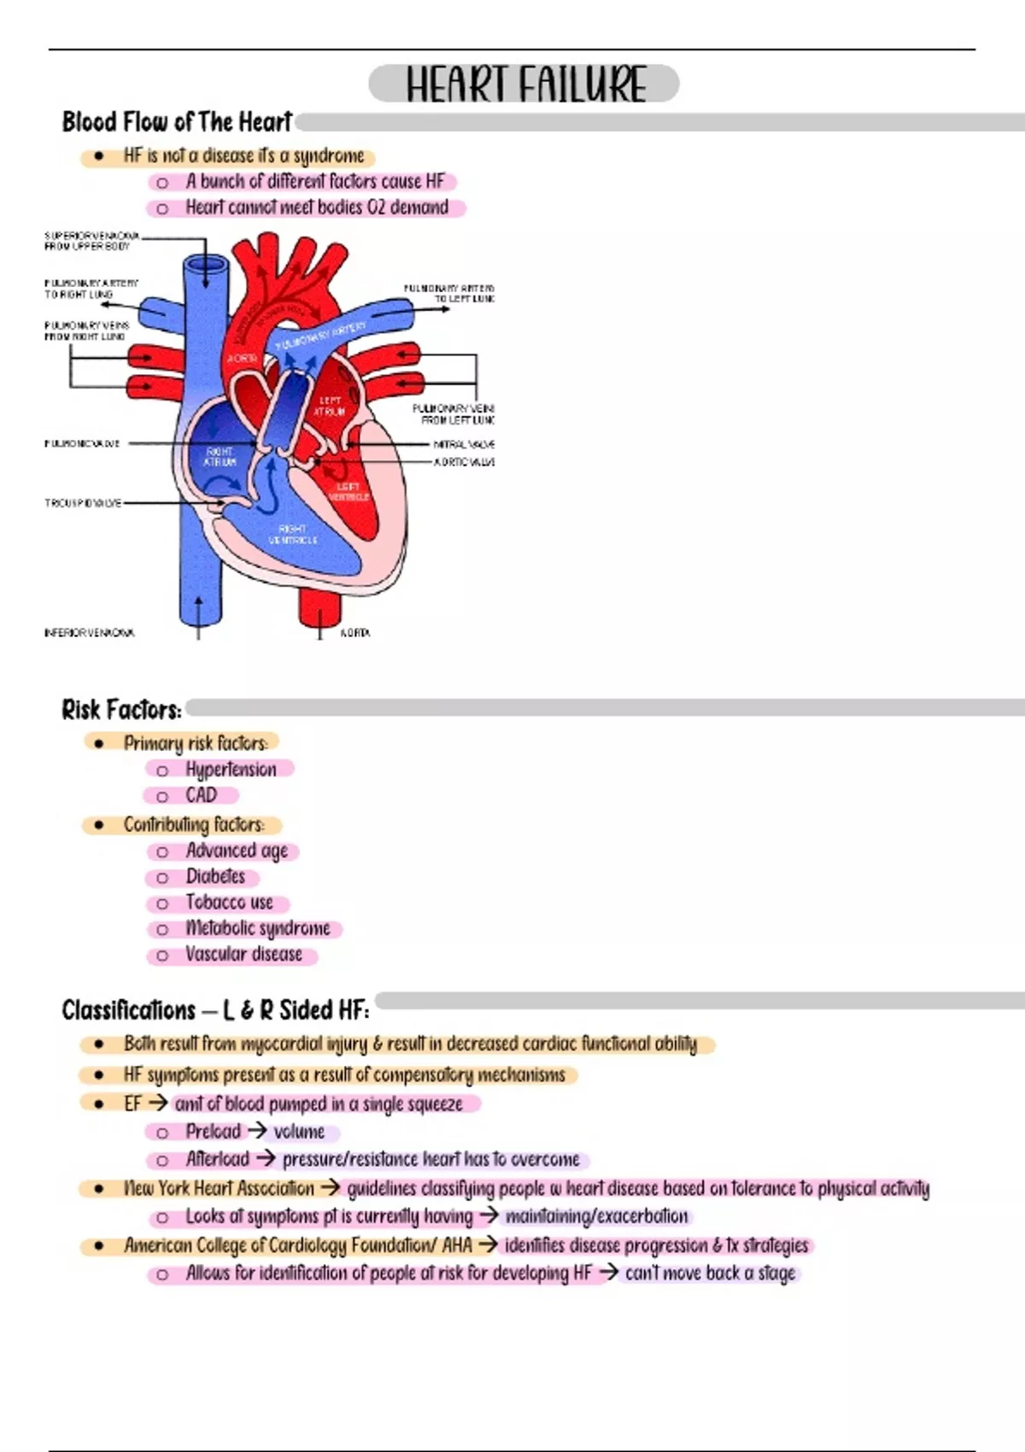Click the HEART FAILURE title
(x=524, y=84)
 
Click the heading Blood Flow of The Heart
(x=177, y=122)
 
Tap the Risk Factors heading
(x=121, y=710)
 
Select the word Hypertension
(x=231, y=770)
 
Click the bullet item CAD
(x=202, y=795)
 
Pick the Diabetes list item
(x=215, y=876)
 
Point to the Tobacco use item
(x=229, y=903)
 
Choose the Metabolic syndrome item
(x=257, y=928)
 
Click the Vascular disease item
(x=243, y=955)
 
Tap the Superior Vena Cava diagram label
(x=91, y=241)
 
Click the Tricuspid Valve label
(x=83, y=503)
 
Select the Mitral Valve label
(x=464, y=444)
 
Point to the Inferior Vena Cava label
(x=89, y=633)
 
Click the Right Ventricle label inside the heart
(x=293, y=535)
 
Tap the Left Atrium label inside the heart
(x=330, y=406)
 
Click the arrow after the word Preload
(x=257, y=1131)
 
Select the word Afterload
(x=218, y=1159)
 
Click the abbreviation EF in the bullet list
(x=132, y=1104)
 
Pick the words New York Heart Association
(x=219, y=1188)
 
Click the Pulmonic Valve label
(x=82, y=444)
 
